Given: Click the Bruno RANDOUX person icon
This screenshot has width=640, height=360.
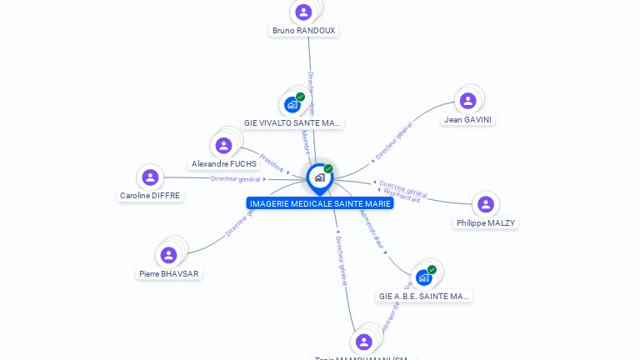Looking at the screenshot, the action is click(303, 12).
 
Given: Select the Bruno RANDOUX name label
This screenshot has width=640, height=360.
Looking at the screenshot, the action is click(303, 31).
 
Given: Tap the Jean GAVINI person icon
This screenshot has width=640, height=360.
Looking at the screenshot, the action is click(467, 101).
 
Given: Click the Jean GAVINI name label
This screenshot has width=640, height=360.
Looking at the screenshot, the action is click(468, 120).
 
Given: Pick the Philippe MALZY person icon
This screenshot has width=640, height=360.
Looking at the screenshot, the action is click(486, 204).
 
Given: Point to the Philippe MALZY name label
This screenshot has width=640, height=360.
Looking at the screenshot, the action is click(486, 223).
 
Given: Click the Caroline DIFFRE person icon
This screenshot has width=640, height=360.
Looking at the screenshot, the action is click(150, 177).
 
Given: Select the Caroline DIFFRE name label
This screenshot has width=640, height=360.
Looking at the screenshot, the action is click(150, 196).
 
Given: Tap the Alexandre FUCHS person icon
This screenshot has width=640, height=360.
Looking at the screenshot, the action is click(223, 146).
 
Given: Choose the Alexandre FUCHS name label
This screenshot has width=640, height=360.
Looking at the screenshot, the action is click(224, 164).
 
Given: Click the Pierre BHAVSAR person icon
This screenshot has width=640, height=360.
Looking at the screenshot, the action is click(168, 255).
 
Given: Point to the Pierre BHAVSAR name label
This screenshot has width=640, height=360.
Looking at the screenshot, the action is click(169, 273).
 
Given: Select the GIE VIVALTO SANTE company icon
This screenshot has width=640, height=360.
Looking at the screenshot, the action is click(292, 104).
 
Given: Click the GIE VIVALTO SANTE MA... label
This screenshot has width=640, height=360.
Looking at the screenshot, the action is click(292, 122).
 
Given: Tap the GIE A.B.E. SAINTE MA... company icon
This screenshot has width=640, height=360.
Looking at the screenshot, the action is click(423, 277).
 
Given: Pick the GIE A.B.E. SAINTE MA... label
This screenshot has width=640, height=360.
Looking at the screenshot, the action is click(424, 296).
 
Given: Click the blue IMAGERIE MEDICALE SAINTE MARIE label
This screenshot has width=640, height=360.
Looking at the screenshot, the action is click(320, 203).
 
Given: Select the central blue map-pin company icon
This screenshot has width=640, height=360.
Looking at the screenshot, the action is click(319, 177).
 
